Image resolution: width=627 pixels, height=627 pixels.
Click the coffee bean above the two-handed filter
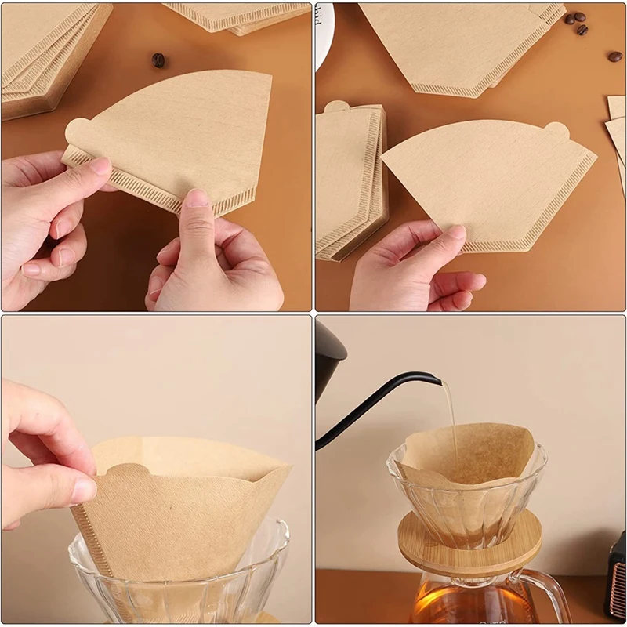[158, 60]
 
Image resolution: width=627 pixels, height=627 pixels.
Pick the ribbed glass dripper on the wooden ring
[467, 502]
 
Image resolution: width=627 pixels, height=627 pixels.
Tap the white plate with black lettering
[324, 31]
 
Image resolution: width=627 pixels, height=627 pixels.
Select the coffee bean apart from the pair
[615, 56]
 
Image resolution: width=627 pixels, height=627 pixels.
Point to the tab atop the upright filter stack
[335, 107]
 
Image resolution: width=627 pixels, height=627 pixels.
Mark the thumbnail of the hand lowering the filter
[83, 491]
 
